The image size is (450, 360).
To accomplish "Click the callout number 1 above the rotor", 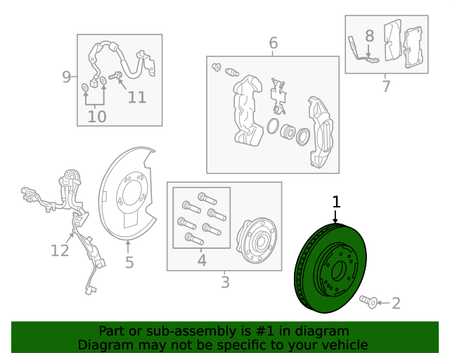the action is pyautogui.click(x=336, y=202).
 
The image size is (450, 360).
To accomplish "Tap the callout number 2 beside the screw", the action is pyautogui.click(x=396, y=303).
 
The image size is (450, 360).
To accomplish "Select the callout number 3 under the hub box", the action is pyautogui.click(x=225, y=282).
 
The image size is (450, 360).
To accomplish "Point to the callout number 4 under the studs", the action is pyautogui.click(x=202, y=260).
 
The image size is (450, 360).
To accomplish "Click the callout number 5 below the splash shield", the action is pyautogui.click(x=129, y=262).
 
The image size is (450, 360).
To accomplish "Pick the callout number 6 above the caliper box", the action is pyautogui.click(x=274, y=43).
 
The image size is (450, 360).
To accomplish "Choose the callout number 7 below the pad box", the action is pyautogui.click(x=386, y=86).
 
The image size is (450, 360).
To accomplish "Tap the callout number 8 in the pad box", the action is pyautogui.click(x=370, y=36).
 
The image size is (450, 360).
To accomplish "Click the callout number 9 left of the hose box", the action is pyautogui.click(x=66, y=77).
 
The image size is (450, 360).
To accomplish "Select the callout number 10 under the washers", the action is pyautogui.click(x=97, y=117).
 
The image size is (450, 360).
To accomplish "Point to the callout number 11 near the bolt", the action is pyautogui.click(x=137, y=97).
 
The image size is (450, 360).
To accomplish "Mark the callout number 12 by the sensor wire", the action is pyautogui.click(x=60, y=250).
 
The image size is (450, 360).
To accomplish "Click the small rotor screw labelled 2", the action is pyautogui.click(x=368, y=302).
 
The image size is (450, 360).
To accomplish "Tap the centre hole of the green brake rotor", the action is pyautogui.click(x=338, y=271).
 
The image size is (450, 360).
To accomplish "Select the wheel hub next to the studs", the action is pyautogui.click(x=256, y=240).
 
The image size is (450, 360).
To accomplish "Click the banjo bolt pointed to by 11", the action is pyautogui.click(x=115, y=76).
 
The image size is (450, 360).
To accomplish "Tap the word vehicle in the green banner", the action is pyautogui.click(x=347, y=345).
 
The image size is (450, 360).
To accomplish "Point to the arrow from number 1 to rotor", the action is pyautogui.click(x=335, y=217).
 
